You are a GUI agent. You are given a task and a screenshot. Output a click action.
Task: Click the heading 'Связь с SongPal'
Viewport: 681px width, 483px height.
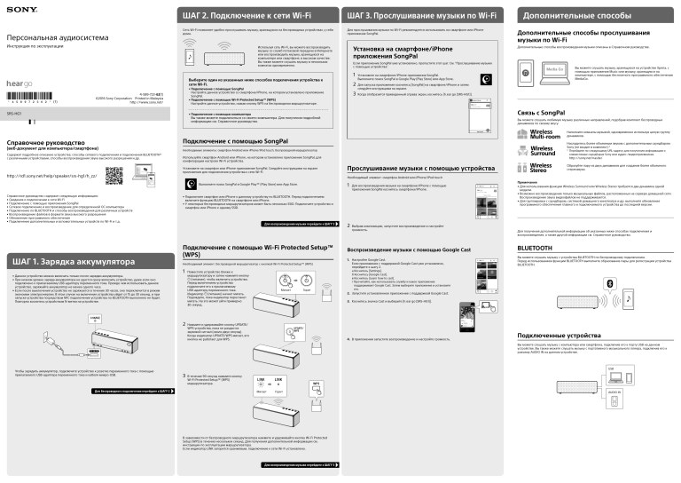[x=541, y=114]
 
